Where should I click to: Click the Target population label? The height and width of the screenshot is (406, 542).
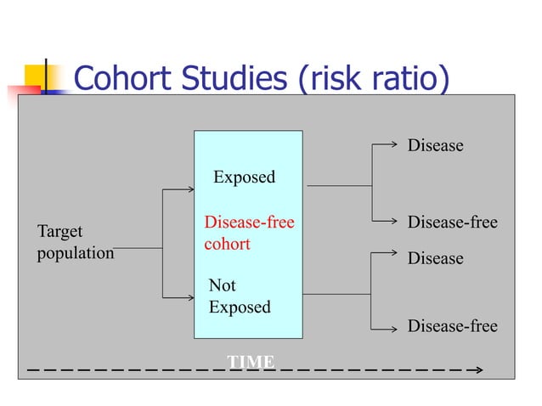(75, 242)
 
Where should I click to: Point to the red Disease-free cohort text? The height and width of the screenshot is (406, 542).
(249, 233)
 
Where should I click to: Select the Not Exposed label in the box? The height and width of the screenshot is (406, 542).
(239, 296)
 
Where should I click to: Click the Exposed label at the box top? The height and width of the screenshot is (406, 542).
(244, 177)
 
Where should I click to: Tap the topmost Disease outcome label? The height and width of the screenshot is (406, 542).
(435, 145)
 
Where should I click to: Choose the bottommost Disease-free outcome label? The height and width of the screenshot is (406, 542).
(452, 326)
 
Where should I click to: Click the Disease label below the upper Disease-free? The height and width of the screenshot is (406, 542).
(435, 258)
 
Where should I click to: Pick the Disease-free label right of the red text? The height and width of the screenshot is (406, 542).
(452, 223)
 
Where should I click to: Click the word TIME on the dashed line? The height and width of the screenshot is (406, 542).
(251, 363)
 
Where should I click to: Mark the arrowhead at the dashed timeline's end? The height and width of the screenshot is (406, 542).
(479, 370)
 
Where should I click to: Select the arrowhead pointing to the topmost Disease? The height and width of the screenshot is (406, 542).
(396, 145)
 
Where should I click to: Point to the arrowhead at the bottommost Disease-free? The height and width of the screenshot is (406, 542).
(396, 327)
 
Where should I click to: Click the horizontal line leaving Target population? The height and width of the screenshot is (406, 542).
(138, 249)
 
